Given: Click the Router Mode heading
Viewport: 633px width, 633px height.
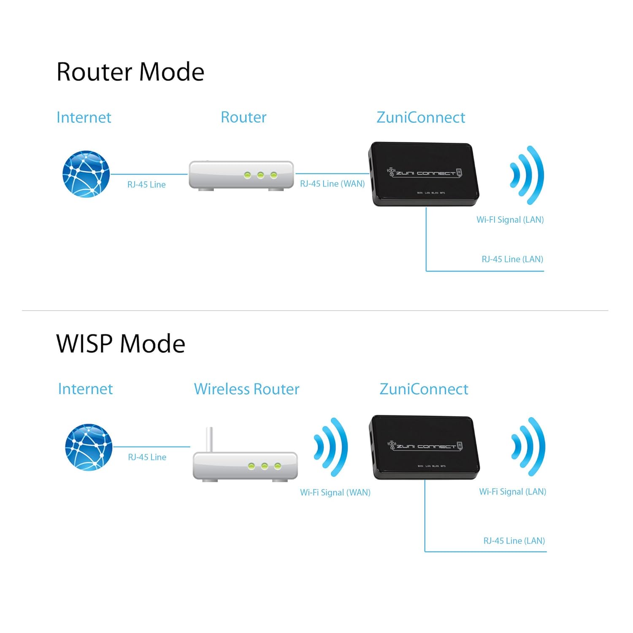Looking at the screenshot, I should point(130,72).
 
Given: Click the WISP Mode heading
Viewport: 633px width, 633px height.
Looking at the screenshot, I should point(121,344).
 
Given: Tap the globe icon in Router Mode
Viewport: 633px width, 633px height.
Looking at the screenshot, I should point(86,174).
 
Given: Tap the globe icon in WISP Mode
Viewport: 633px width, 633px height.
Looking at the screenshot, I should point(89,447).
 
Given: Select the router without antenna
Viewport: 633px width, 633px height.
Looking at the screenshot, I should point(241,175).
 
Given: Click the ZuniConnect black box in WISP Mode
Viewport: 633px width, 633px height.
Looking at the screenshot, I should point(425,447).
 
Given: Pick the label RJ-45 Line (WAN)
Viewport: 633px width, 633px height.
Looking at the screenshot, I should point(332,184).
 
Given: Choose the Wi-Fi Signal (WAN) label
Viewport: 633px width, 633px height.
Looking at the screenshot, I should point(335,492).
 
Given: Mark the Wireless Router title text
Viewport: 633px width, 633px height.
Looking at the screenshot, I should point(246,389).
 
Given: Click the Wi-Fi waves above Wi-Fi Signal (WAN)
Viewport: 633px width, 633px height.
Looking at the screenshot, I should point(332,447).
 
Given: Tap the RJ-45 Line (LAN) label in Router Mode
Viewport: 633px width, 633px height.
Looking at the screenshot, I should point(512,259).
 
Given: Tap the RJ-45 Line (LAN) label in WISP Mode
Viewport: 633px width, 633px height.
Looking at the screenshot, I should point(514,541).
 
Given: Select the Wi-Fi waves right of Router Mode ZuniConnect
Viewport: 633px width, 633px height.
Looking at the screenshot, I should point(527,175).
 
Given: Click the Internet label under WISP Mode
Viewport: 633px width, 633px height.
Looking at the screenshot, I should point(85,389).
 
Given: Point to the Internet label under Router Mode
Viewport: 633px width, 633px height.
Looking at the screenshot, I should point(84,117).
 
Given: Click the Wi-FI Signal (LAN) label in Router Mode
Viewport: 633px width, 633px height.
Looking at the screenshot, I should point(510,220).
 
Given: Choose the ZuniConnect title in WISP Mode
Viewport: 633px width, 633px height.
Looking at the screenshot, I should point(424,389).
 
